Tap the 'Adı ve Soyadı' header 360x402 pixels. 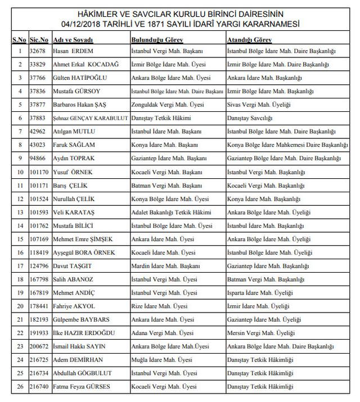(73, 40)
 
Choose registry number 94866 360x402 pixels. (38, 159)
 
